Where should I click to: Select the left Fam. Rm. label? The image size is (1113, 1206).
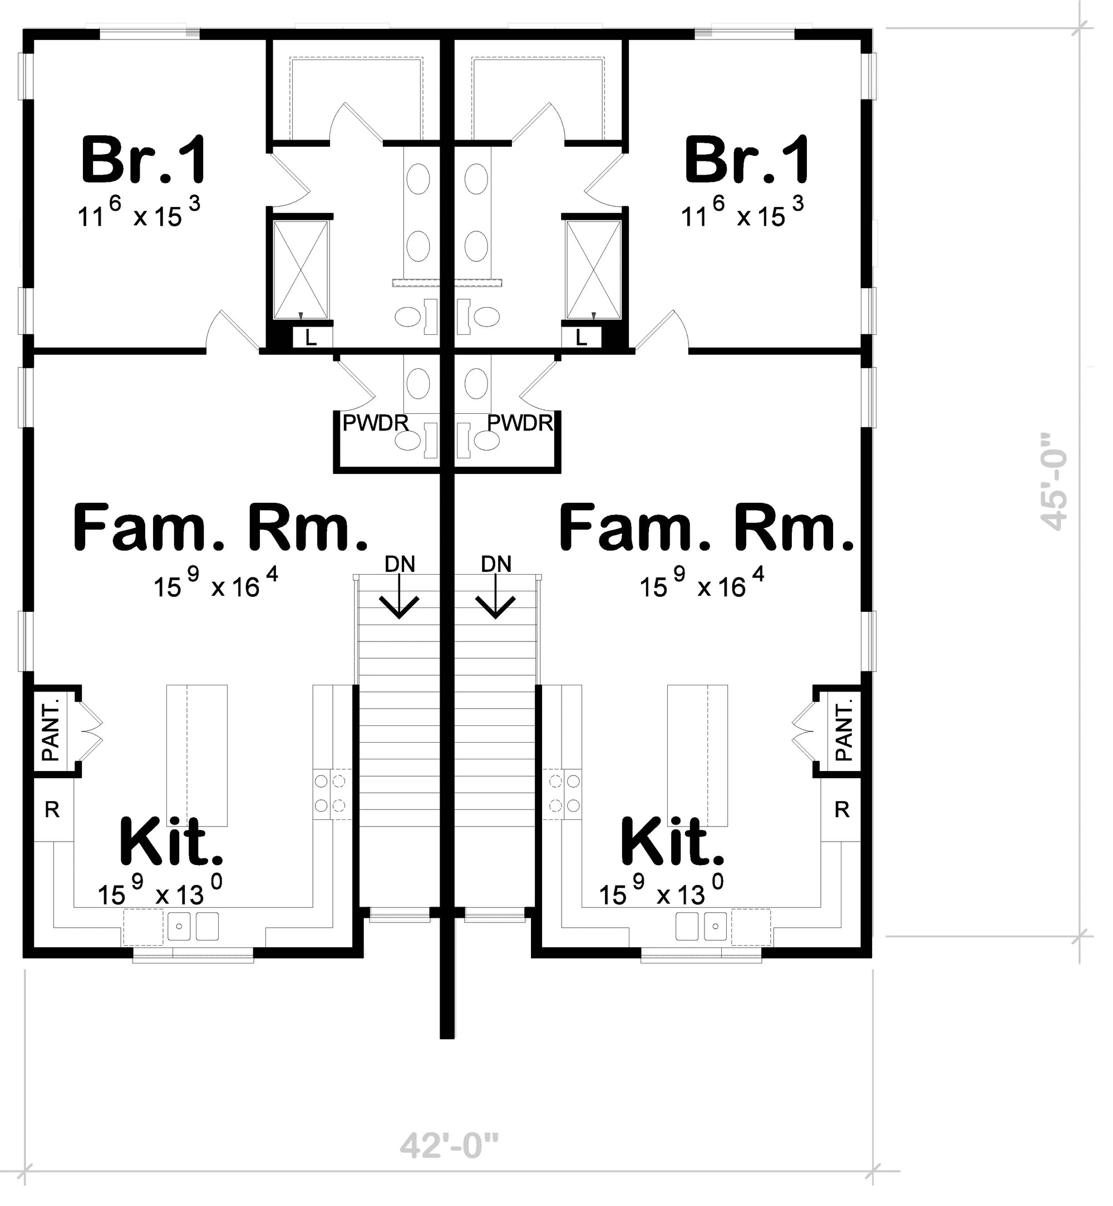(220, 528)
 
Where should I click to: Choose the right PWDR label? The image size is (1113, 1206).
(520, 423)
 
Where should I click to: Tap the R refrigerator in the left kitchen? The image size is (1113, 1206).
(52, 810)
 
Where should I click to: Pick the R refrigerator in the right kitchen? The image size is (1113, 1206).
(841, 810)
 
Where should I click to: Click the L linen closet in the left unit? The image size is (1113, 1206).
(312, 338)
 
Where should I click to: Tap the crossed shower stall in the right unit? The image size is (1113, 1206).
(593, 269)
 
